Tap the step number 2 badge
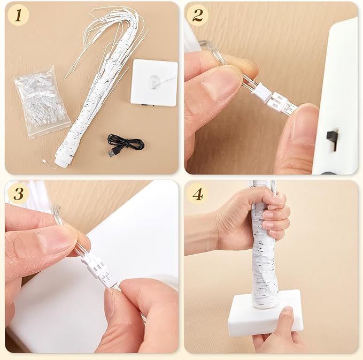pyautogui.click(x=198, y=16)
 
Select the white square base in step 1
pyautogui.click(x=153, y=83)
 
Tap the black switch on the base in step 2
pyautogui.click(x=331, y=136)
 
